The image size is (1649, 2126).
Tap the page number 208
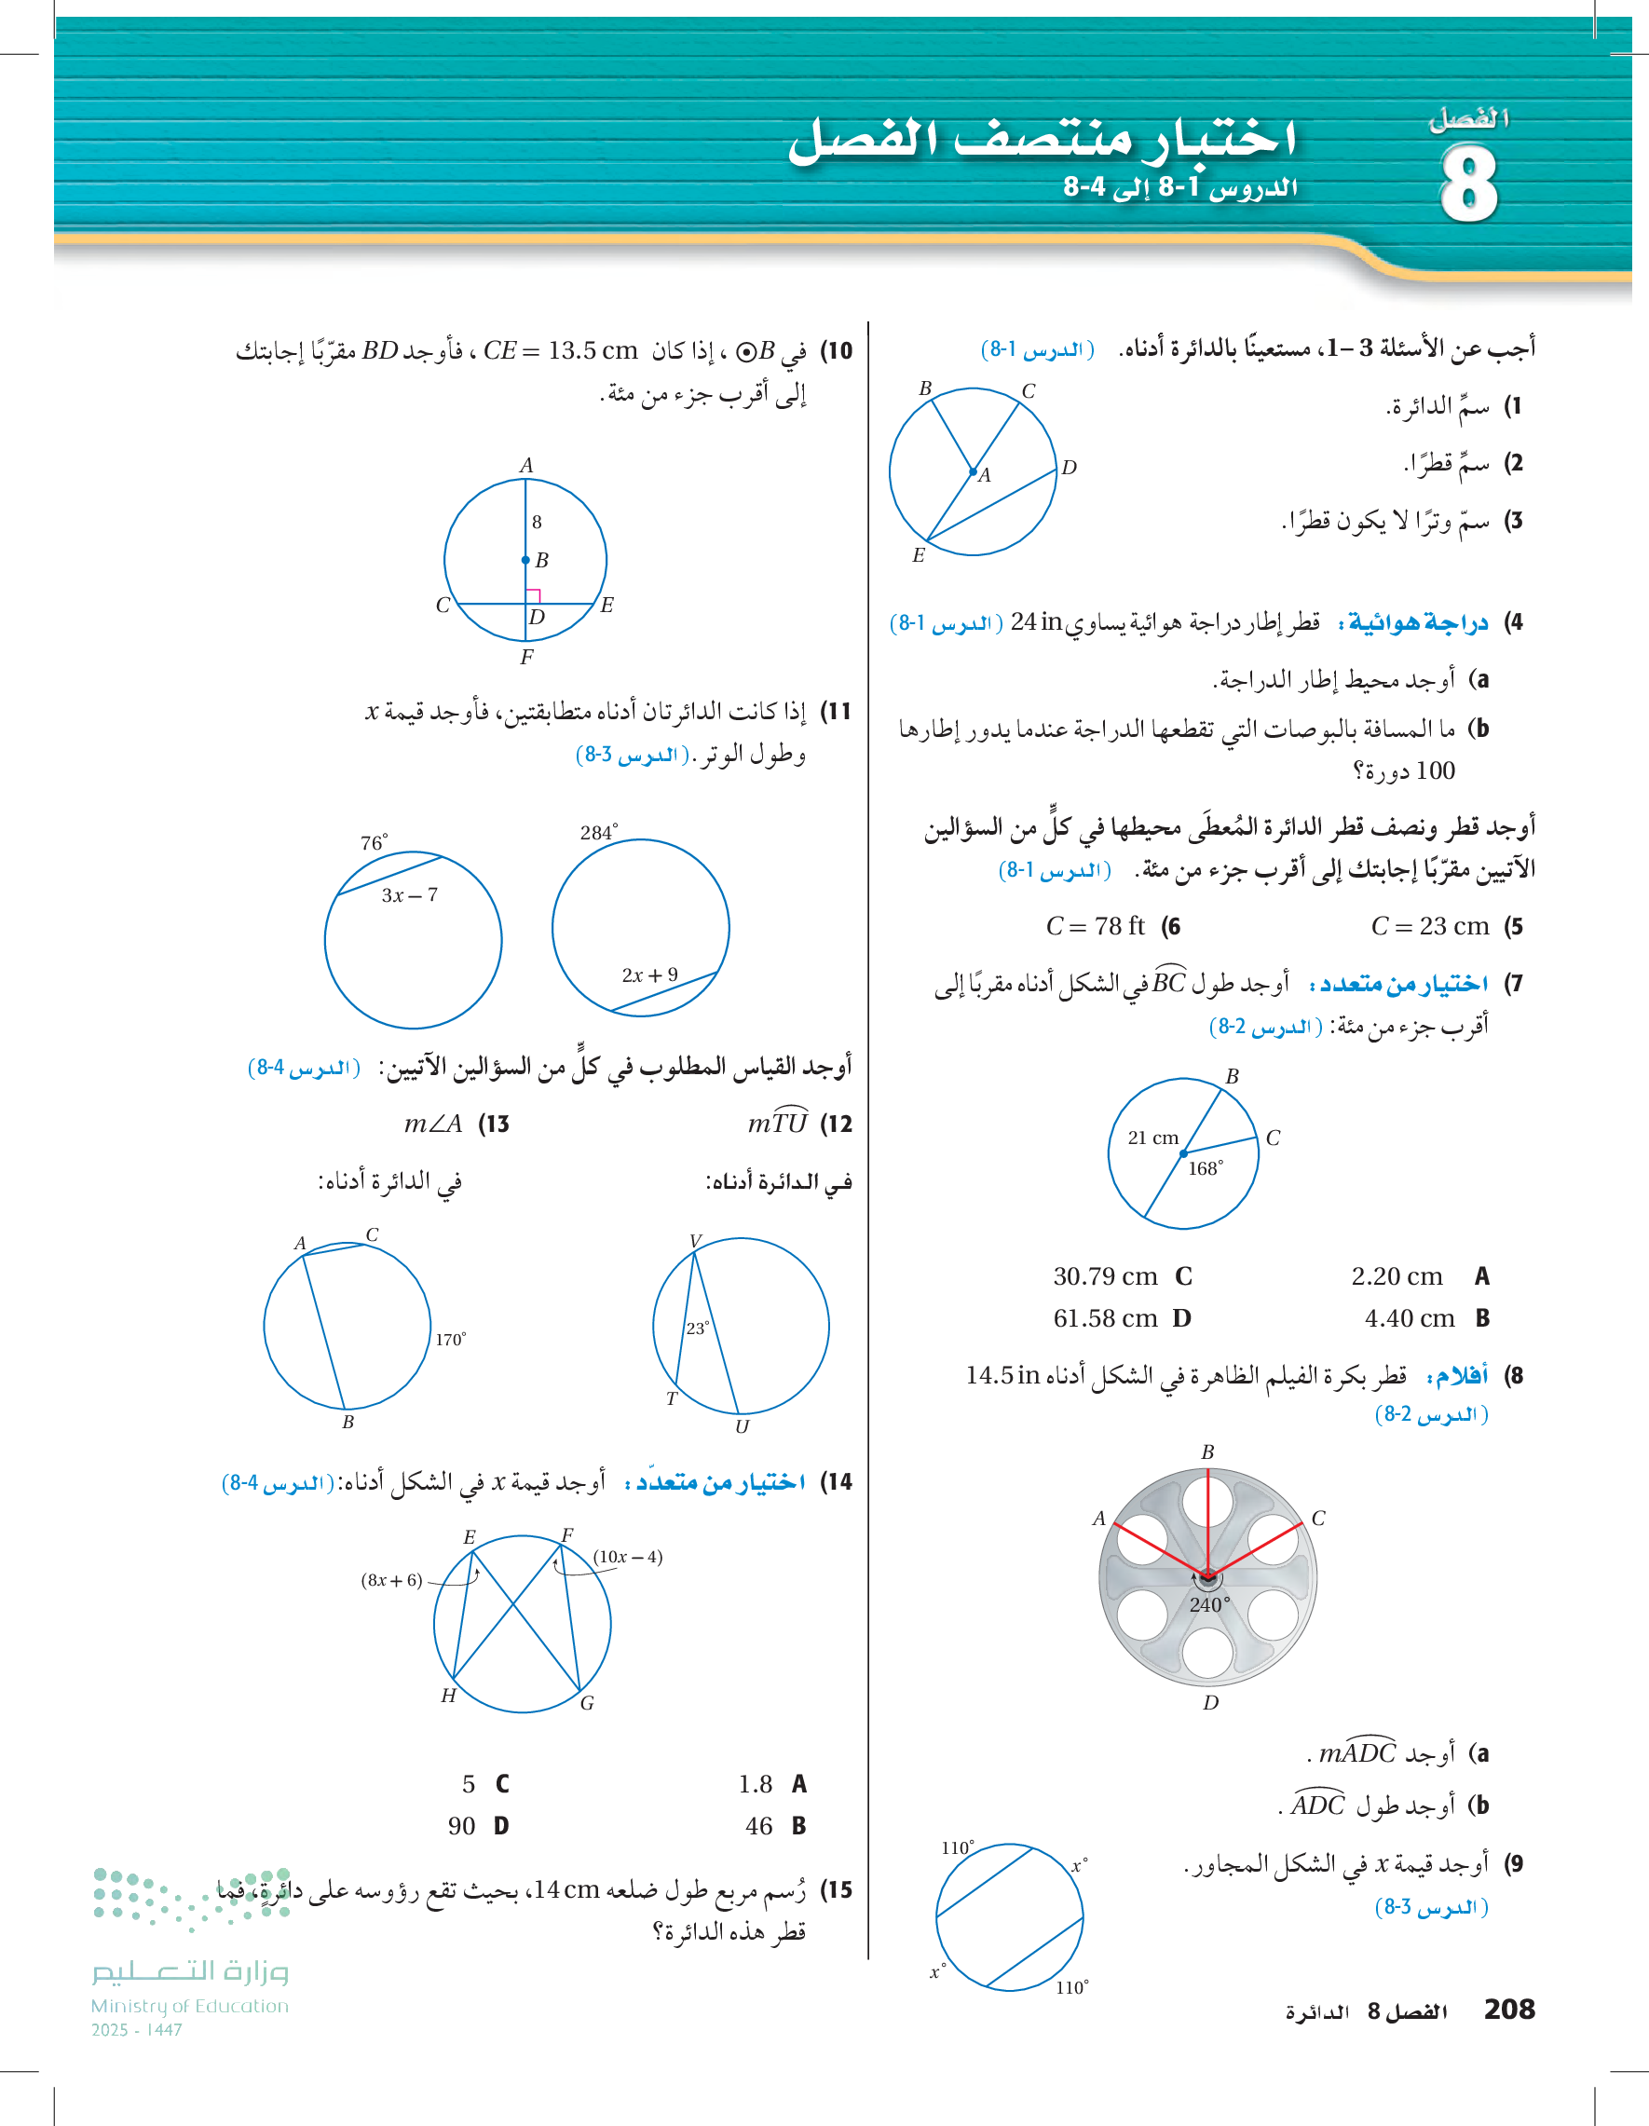[x=1509, y=2009]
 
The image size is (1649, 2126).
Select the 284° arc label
[x=599, y=832]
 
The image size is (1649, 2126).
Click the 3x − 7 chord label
[x=409, y=894]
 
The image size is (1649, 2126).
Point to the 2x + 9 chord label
[x=649, y=974]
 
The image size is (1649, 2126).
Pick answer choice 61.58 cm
[x=1105, y=1318]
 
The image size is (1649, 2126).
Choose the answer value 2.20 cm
[x=1397, y=1276]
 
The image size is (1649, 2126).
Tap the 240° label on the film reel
[x=1209, y=1604]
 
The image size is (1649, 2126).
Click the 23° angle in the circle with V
[x=698, y=1328]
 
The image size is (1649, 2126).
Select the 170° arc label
[x=450, y=1340]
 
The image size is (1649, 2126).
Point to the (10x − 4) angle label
[x=628, y=1557]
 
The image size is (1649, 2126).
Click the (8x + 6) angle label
[x=391, y=1580]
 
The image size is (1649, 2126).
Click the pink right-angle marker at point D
[x=534, y=595]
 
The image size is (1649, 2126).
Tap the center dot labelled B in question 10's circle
[x=525, y=560]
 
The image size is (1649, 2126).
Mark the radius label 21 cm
[x=1152, y=1137]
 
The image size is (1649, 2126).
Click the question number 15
[x=837, y=1889]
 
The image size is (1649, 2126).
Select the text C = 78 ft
[x=1095, y=926]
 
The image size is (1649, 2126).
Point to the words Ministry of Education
[x=190, y=2005]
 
